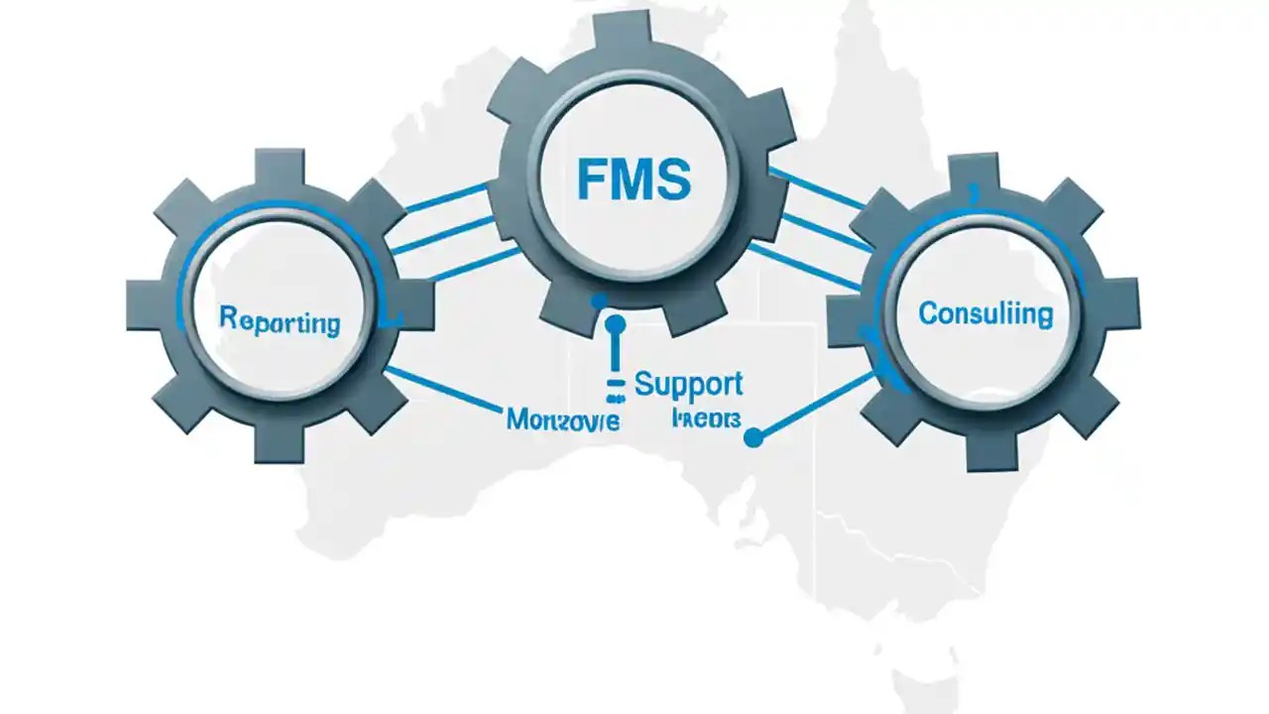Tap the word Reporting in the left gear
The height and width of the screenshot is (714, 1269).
[x=279, y=321]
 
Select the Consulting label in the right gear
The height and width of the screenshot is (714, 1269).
[x=984, y=314]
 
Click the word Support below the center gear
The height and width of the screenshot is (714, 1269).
[x=688, y=385]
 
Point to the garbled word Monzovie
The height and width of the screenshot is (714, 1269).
[x=562, y=419]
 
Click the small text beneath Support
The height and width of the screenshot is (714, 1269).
[x=706, y=418]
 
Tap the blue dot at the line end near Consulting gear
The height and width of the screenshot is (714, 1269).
[x=752, y=436]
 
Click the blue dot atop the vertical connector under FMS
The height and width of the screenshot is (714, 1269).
[x=615, y=323]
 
